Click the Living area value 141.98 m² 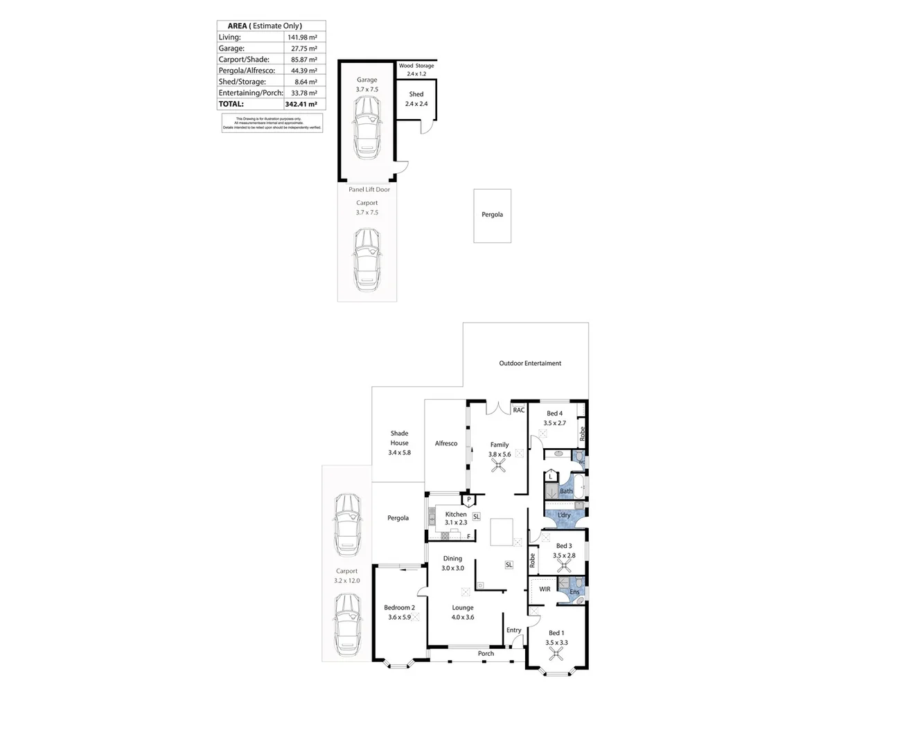point(302,37)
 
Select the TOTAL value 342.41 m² point(301,104)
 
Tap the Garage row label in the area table point(231,48)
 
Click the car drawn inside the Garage point(367,127)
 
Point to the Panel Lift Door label point(369,189)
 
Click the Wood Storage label point(416,66)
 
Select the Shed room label point(416,94)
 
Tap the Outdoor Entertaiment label point(530,363)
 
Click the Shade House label point(399,438)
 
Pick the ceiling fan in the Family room point(498,466)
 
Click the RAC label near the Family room point(519,410)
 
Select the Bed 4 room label point(554,413)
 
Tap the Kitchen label point(456,514)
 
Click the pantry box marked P point(469,499)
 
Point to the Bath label point(566,491)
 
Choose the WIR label point(545,589)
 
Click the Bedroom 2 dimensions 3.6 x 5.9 point(399,617)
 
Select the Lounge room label point(463,607)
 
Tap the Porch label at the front point(486,653)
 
